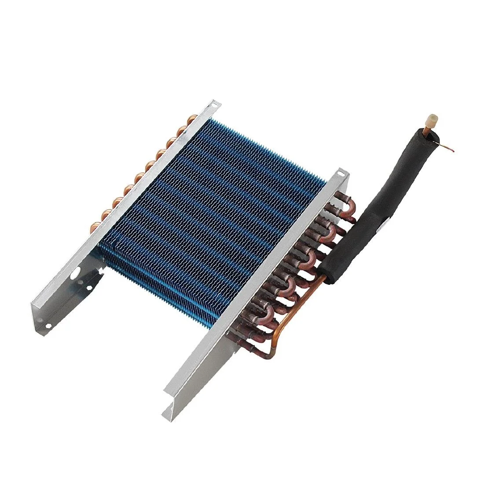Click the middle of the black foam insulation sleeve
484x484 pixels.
pos(383,207)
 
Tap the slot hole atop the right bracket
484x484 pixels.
pos(340,172)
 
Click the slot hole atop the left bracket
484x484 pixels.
pos(214,104)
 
